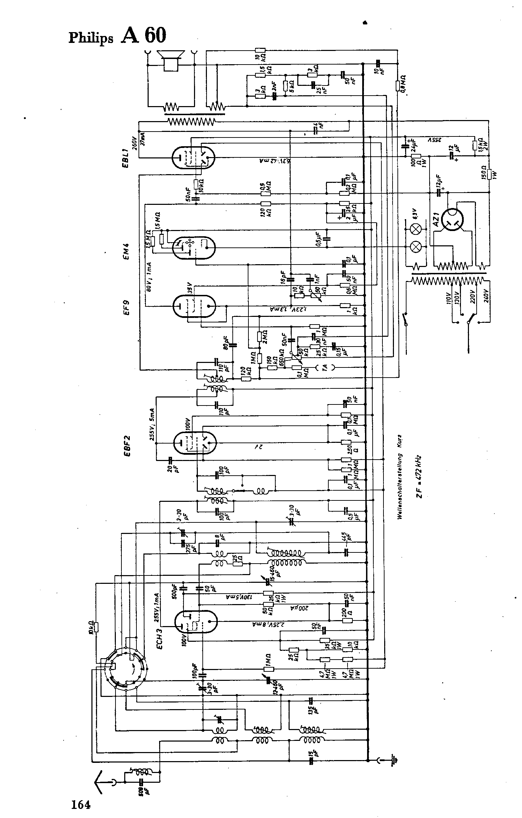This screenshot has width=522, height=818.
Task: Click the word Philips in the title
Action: pos(91,37)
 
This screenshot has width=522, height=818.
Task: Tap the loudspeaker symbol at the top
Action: pos(170,60)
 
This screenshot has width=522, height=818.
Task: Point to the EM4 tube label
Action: pos(126,251)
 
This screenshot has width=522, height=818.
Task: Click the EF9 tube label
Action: pos(126,307)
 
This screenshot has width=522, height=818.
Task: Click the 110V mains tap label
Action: pos(449,298)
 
